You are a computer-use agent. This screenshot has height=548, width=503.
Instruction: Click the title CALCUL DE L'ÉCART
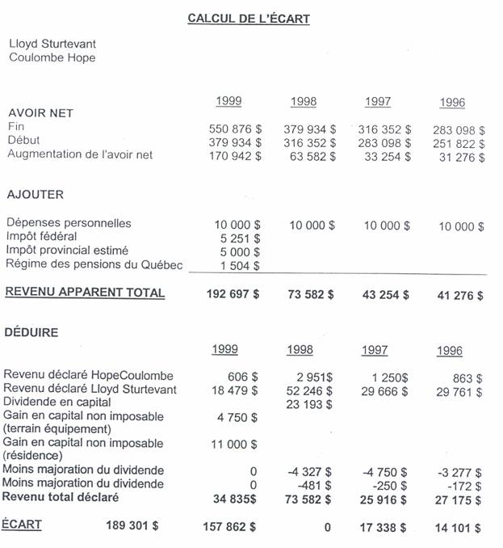[248, 19]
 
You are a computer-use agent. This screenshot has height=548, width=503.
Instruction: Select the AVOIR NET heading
[40, 113]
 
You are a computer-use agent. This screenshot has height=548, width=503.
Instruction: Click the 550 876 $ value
[235, 129]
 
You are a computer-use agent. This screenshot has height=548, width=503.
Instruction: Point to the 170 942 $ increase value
[235, 156]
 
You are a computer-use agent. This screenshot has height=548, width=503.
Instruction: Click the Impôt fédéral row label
[41, 236]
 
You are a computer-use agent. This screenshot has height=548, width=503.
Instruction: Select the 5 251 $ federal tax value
[240, 238]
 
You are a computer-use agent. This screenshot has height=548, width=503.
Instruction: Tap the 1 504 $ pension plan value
[240, 265]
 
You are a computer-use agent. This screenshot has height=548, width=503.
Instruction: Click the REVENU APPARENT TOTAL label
[85, 293]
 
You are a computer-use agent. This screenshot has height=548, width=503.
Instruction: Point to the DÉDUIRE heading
[31, 331]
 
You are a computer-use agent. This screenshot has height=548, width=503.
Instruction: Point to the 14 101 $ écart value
[458, 528]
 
